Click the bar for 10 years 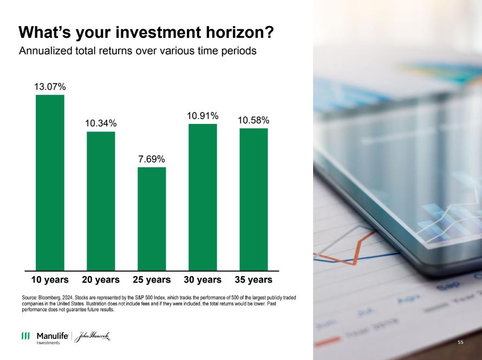coord(50,182)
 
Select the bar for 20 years coord(101,200)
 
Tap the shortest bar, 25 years coord(152,218)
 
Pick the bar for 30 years coord(203,197)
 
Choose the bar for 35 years coord(253,199)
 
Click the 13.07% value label coord(50,87)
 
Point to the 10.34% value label coord(101,123)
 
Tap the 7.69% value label coord(152,159)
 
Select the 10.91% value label coord(203,116)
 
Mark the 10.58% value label coord(253,120)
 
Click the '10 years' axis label coord(50,280)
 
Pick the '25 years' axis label coord(152,280)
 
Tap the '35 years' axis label coord(253,280)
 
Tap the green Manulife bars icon coord(25,336)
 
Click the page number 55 coord(460,342)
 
